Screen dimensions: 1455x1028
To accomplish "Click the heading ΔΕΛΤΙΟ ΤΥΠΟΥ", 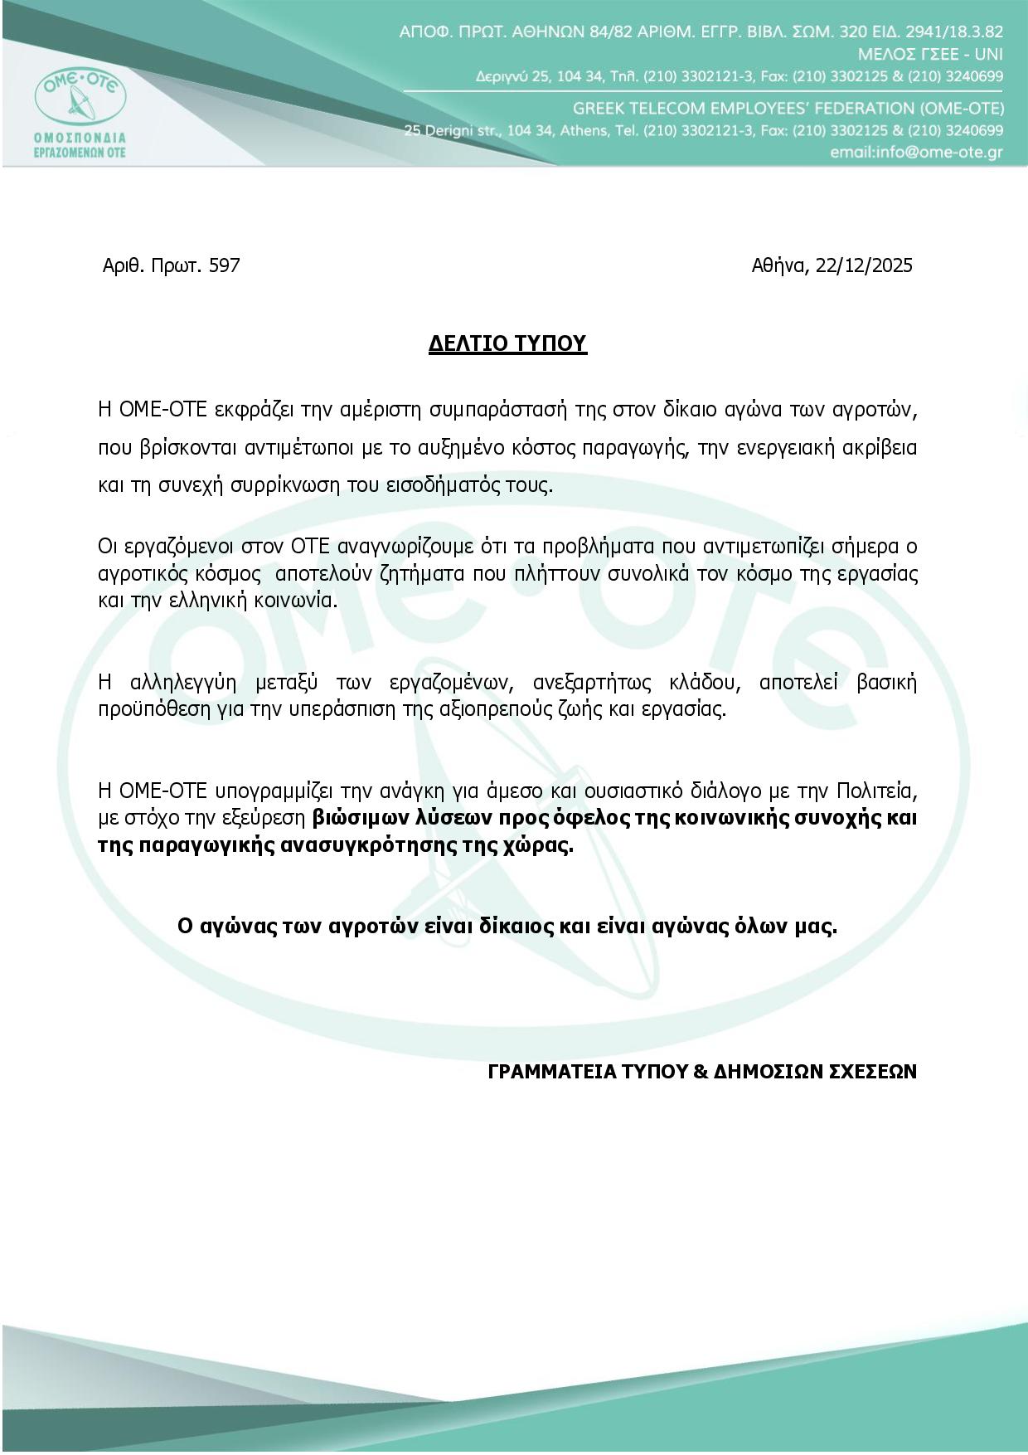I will click(507, 343).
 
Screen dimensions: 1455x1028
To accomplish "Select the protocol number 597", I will click(225, 265).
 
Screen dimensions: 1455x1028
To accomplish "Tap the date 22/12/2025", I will click(864, 265).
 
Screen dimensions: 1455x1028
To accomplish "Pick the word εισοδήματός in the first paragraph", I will click(460, 485).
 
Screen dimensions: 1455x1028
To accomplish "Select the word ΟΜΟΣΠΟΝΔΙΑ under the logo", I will click(80, 137).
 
